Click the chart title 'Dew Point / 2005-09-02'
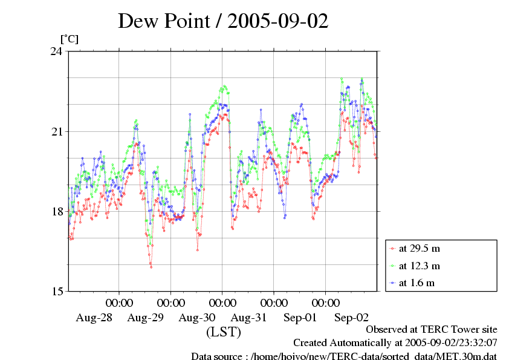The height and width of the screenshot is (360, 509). point(223,21)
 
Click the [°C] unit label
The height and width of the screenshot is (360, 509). point(69,39)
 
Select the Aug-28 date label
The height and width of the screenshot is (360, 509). point(93,317)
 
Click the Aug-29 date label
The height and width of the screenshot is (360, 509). point(145,317)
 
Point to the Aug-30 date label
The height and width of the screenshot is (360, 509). point(197,317)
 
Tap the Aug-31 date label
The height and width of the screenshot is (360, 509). point(248,317)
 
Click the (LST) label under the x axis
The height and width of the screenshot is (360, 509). point(223,332)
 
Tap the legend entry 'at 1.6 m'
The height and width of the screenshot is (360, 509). point(417,283)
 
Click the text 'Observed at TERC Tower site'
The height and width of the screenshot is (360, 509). point(432,330)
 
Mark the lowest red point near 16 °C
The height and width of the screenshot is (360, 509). point(151,267)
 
